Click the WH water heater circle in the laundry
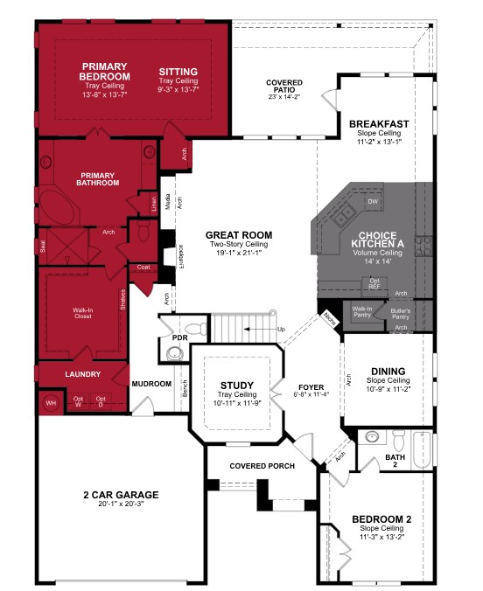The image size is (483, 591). (49, 403)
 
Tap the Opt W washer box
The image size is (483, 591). (78, 401)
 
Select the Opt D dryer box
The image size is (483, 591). (101, 401)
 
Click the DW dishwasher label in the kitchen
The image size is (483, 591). (372, 202)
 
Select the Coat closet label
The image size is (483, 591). (143, 268)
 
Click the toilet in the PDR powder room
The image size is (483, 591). (173, 353)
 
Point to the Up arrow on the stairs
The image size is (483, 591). (279, 330)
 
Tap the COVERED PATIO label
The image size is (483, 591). (284, 87)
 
